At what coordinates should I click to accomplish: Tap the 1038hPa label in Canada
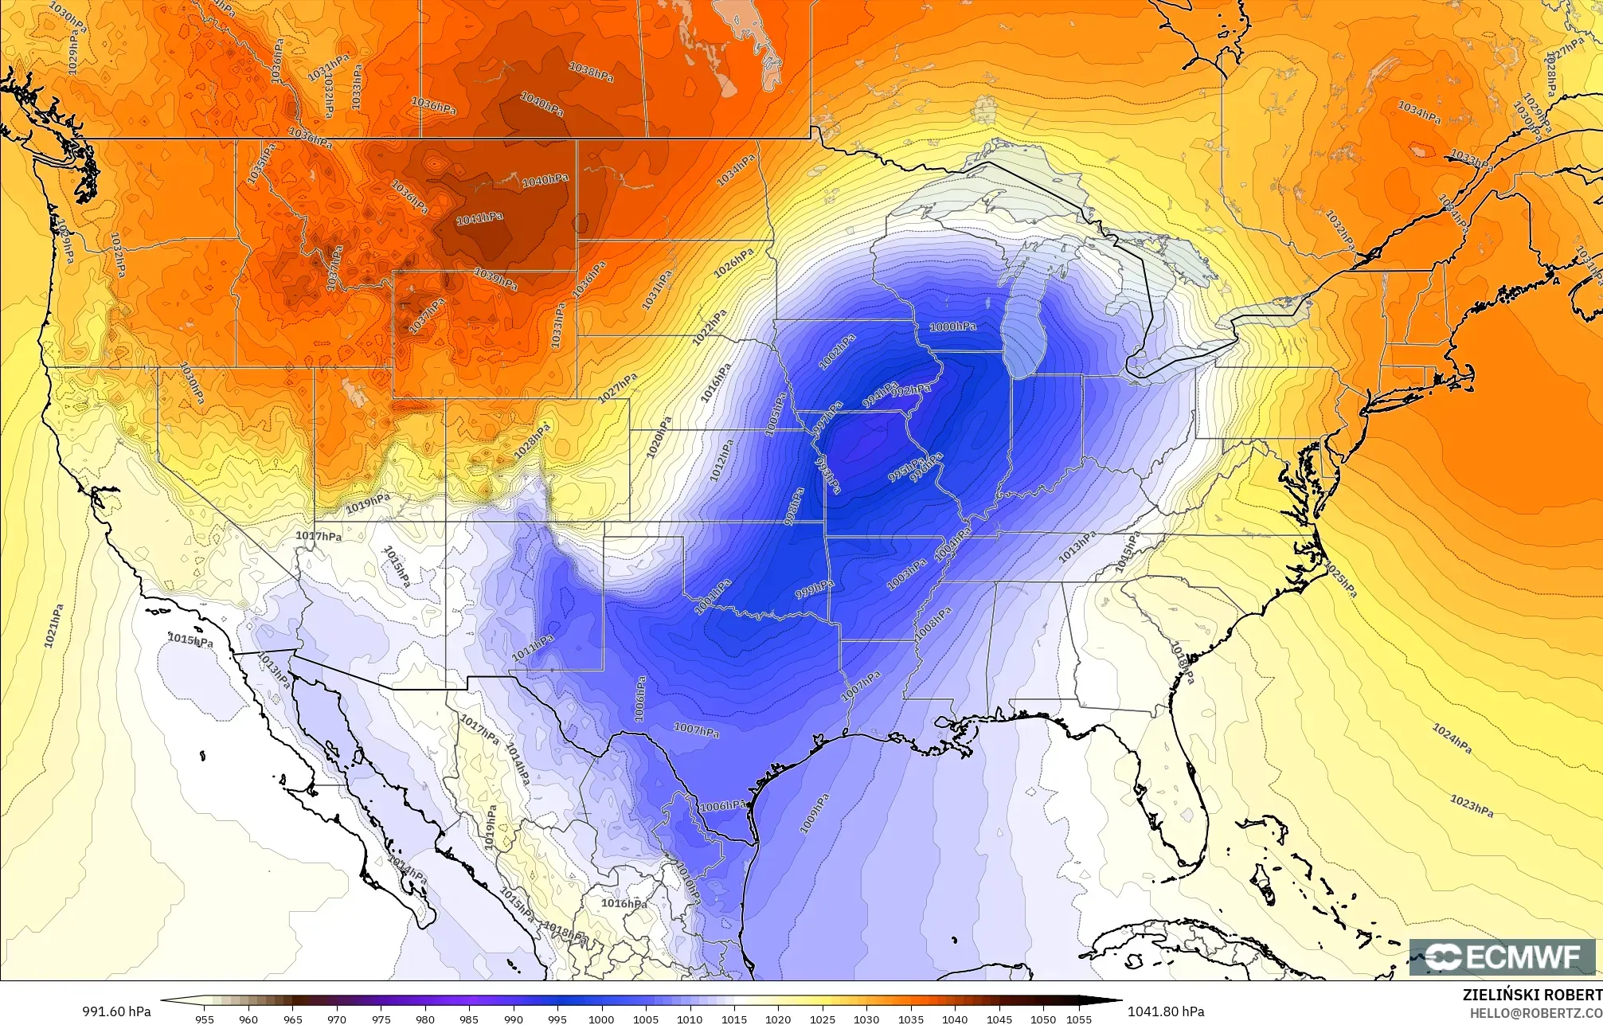[x=591, y=72]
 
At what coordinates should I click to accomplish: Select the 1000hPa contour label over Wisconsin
[x=952, y=327]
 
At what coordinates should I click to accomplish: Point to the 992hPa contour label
[x=910, y=389]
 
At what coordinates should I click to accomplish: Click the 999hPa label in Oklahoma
[x=815, y=590]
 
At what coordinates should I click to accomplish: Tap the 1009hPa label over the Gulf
[x=814, y=813]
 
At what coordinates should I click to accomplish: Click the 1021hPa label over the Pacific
[x=53, y=626]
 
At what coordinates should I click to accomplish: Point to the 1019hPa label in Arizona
[x=368, y=503]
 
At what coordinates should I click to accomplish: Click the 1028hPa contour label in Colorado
[x=532, y=441]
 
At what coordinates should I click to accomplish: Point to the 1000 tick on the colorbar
[x=601, y=1019]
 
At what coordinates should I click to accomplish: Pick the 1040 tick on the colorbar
[x=954, y=1019]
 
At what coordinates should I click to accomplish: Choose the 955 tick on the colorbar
[x=204, y=1019]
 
